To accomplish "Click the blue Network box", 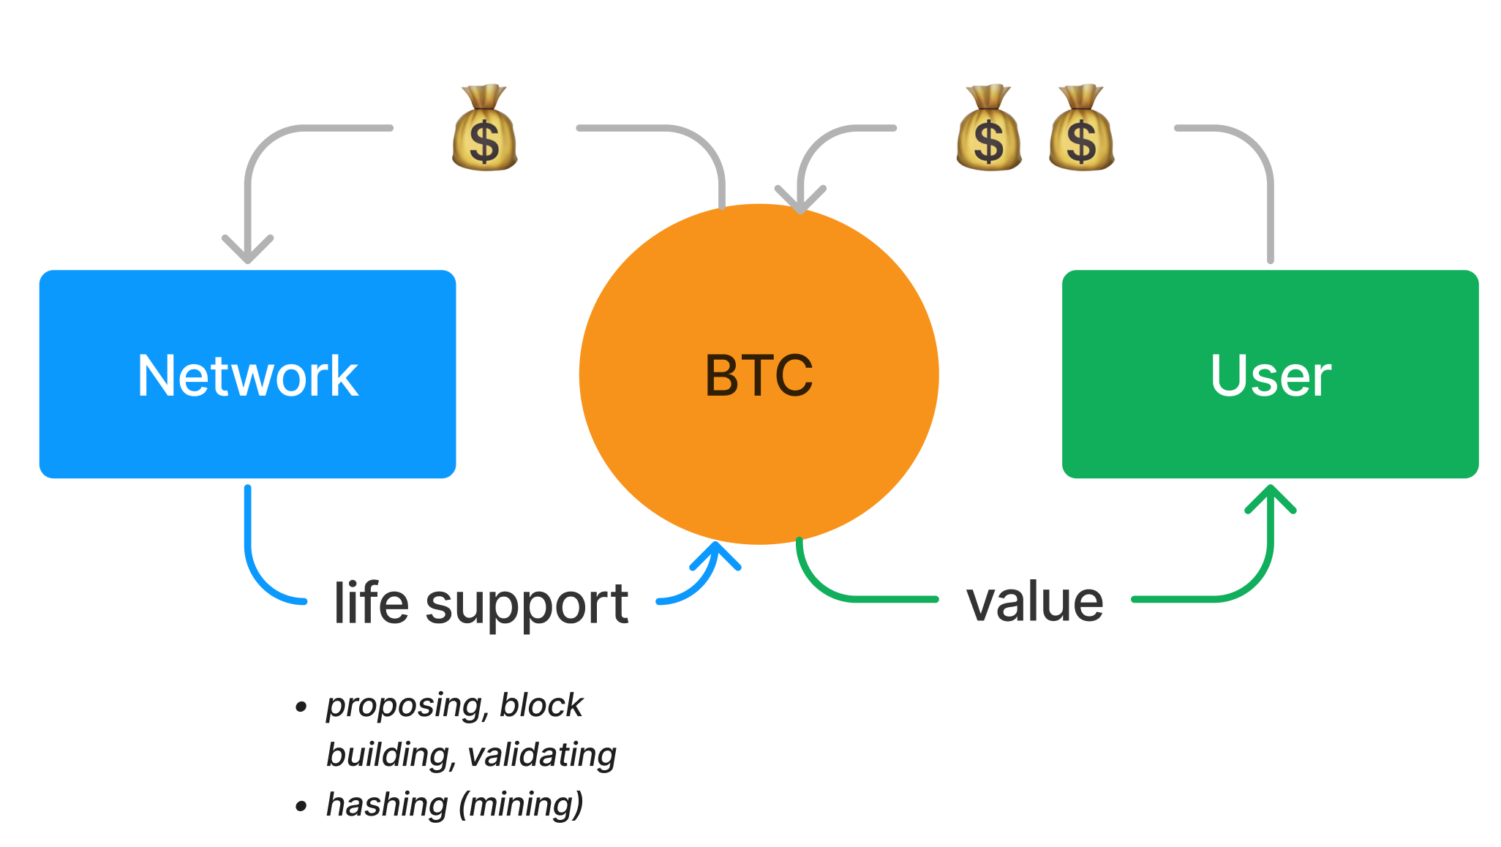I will (247, 439).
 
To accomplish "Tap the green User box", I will (1270, 439).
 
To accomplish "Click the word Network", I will (247, 376).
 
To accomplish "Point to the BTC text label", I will (759, 376).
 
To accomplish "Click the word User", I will (1271, 376).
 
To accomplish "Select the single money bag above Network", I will (484, 129).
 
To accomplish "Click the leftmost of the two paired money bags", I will (988, 129).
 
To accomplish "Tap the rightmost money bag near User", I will (1081, 129).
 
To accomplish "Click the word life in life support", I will (371, 603).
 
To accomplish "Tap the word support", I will (527, 606).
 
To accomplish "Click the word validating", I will (542, 755).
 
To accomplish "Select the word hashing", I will (387, 804).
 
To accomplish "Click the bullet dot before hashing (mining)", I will (301, 806).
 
